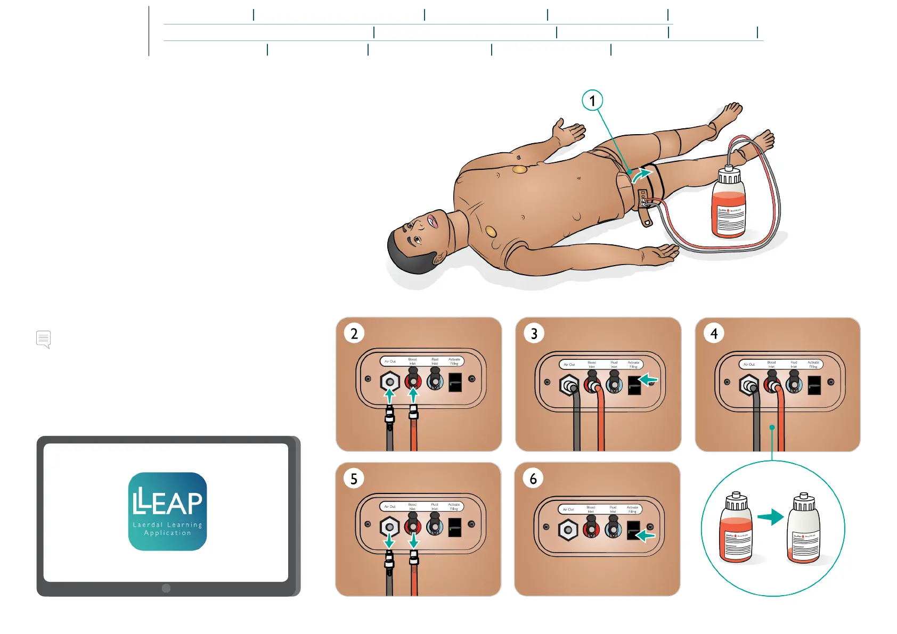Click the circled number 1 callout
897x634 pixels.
[592, 100]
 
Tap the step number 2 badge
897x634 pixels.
[354, 333]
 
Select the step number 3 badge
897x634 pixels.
[534, 333]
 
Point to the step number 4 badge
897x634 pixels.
[714, 333]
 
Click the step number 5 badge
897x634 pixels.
[354, 479]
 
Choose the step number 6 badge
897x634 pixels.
[533, 479]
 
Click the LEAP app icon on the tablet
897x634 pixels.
[167, 511]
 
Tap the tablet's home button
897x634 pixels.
[166, 588]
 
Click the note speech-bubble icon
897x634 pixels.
[44, 339]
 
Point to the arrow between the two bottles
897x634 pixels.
[770, 516]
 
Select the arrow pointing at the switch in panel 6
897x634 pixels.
[646, 535]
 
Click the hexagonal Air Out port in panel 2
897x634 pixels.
[389, 382]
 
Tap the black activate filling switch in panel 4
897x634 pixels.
[814, 385]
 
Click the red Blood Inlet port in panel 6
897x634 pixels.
[591, 530]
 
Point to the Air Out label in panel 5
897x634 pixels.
[390, 507]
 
